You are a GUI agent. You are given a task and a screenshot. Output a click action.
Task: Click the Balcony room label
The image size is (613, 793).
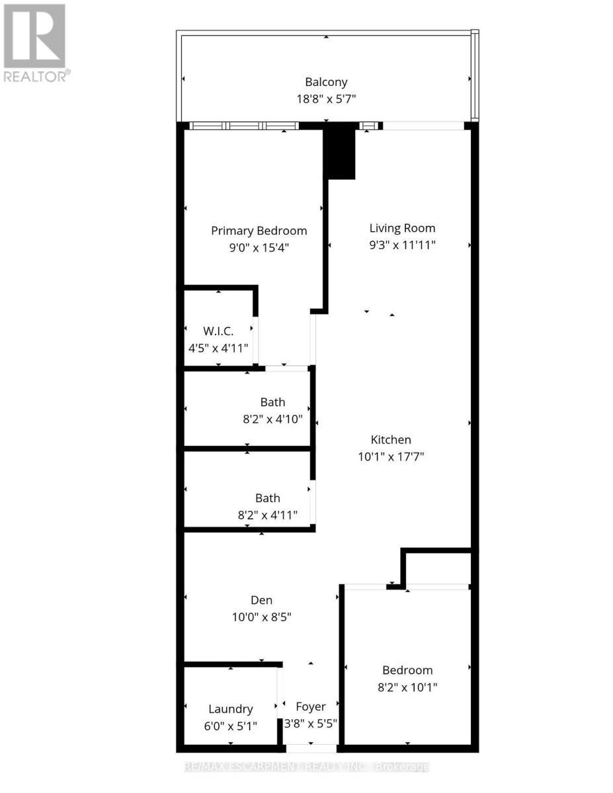[326, 83]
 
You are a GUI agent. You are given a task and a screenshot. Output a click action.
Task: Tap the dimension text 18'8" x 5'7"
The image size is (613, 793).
[326, 100]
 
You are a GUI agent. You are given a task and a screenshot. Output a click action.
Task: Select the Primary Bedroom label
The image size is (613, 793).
[259, 231]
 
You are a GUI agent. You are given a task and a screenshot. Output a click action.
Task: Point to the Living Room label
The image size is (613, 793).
[402, 228]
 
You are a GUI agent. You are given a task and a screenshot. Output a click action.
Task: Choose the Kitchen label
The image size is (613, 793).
[390, 439]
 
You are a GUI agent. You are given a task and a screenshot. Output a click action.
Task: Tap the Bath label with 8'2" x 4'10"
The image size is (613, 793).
[272, 402]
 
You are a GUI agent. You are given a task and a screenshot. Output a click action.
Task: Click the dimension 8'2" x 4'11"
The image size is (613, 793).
[268, 515]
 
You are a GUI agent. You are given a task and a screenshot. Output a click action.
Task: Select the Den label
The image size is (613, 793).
[261, 600]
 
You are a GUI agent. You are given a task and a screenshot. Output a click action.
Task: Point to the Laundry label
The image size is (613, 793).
[230, 709]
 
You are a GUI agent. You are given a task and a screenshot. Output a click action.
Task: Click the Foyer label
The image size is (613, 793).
[310, 706]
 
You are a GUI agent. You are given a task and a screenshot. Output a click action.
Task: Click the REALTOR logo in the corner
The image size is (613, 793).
[36, 43]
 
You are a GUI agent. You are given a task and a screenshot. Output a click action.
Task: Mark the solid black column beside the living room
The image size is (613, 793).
[340, 153]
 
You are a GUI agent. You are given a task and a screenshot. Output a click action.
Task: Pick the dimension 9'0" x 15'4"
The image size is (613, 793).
[259, 247]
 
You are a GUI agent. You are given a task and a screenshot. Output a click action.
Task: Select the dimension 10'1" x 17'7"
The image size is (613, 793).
[390, 456]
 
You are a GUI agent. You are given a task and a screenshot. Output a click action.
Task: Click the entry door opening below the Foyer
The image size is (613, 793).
[311, 748]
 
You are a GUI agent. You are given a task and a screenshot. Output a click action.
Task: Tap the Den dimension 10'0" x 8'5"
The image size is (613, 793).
[261, 617]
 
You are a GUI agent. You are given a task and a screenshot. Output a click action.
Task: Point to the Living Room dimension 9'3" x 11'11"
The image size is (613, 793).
[402, 245]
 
